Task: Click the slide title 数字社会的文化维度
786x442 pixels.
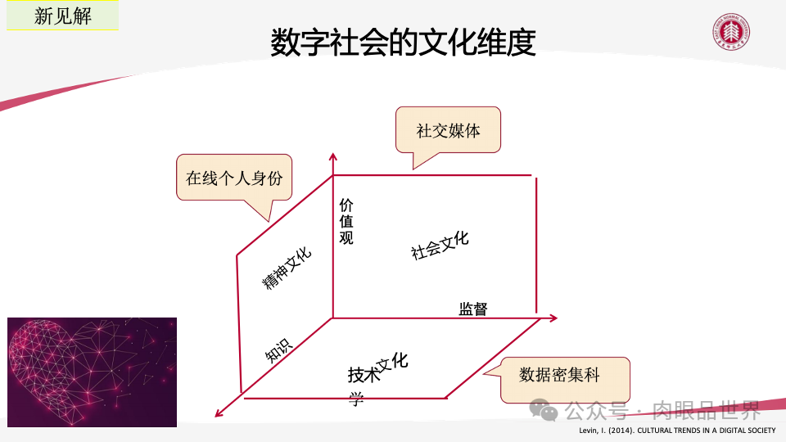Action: coord(403,43)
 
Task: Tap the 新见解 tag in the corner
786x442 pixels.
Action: coord(63,16)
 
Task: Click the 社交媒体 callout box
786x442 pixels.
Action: coord(448,131)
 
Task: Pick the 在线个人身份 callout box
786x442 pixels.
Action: coord(234,178)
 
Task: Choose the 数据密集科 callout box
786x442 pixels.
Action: coord(564,377)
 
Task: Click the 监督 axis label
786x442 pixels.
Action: coord(472,309)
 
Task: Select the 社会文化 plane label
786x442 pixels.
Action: coord(440,245)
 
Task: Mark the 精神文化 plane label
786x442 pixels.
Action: coord(287,268)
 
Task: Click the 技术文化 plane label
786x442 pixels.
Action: coord(377,369)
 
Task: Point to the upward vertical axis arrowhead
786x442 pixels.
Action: coord(332,156)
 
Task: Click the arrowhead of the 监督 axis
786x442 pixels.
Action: coord(553,318)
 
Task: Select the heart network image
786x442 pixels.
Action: coord(92,372)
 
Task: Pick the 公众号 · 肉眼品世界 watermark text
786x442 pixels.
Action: coord(662,409)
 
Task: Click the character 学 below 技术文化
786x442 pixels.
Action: coord(356,399)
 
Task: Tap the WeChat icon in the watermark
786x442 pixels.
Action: coord(544,409)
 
